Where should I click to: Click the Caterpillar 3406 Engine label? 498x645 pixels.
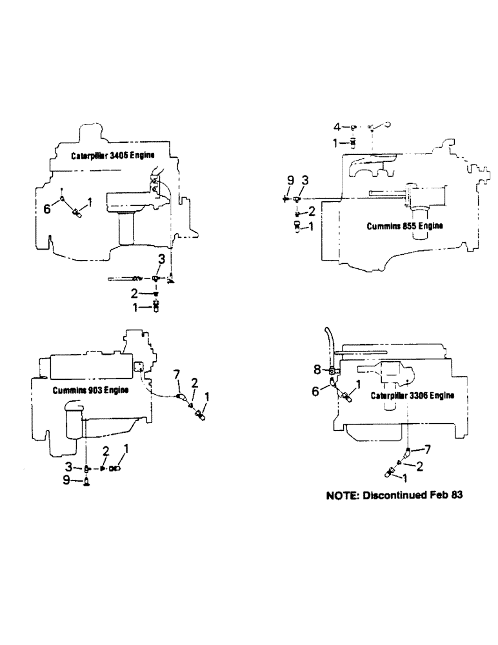coord(107,156)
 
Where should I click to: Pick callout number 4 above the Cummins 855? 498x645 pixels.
coord(346,127)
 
